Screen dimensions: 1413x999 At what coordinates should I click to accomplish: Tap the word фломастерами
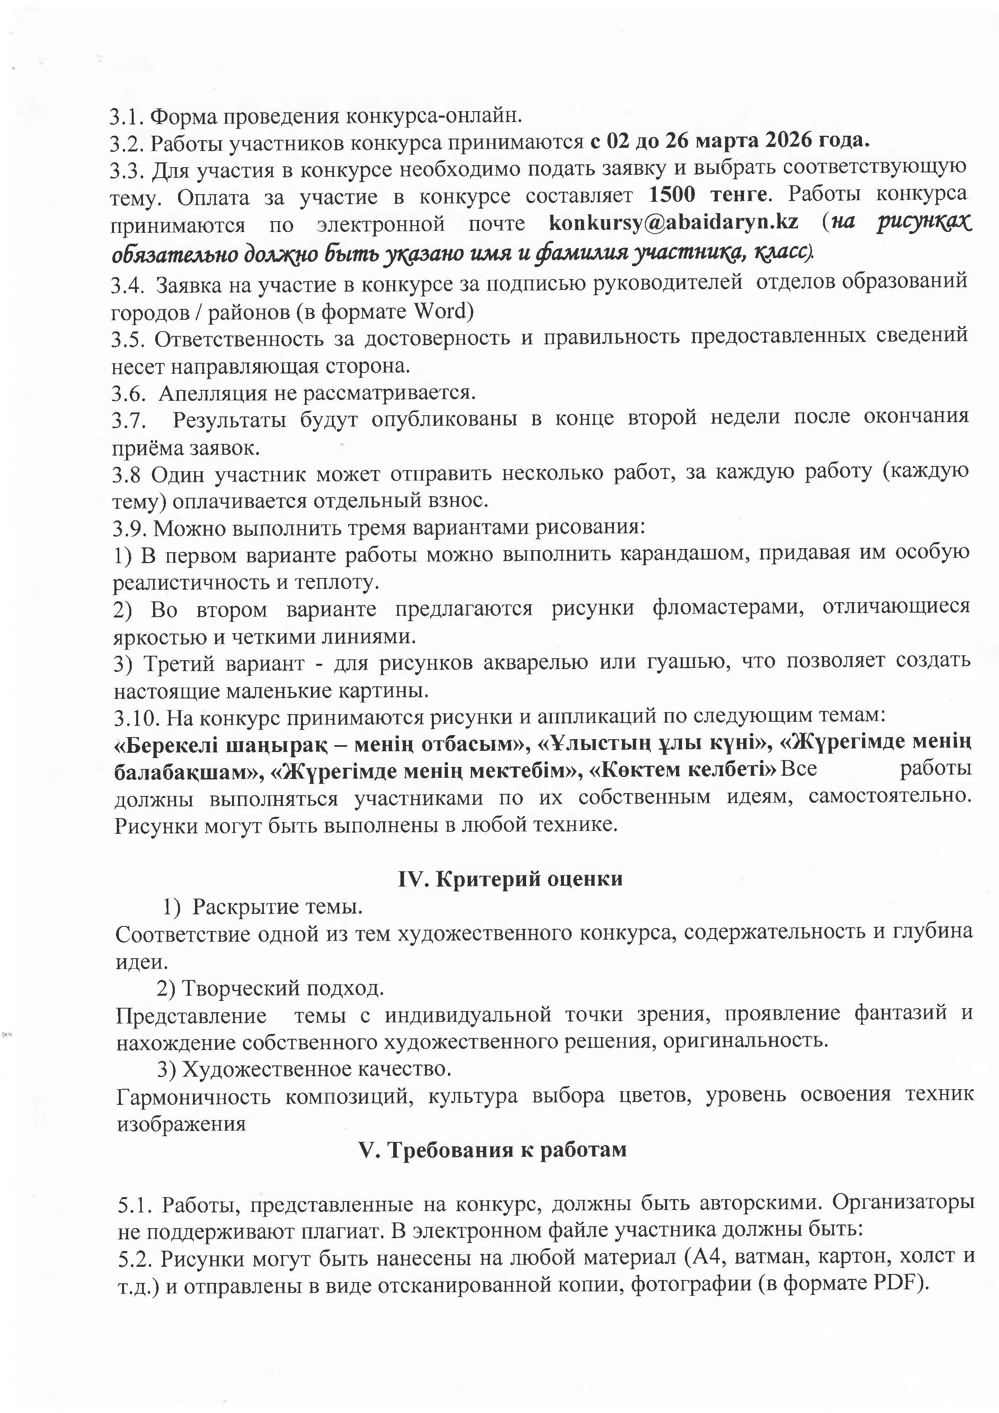[x=728, y=608]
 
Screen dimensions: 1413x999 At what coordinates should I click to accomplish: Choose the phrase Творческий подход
[x=284, y=988]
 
